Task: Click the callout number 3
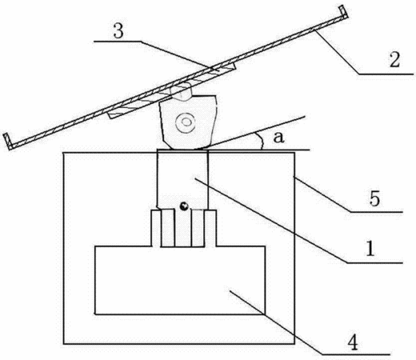pos(118,31)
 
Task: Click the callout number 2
pos(394,60)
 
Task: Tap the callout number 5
pos(374,198)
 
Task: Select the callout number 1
pos(370,249)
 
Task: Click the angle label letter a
pos(278,138)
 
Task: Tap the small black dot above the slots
pos(184,206)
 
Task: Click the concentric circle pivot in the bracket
pos(185,122)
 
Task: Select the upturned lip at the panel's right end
pos(344,12)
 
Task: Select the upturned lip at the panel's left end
pos(7,141)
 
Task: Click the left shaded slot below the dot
pos(168,228)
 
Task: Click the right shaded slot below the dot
pos(198,228)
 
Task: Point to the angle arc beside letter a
pos(261,140)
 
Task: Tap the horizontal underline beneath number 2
pos(386,74)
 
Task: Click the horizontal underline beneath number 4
pos(356,354)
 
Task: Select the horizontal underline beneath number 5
pos(376,212)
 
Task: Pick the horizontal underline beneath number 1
pos(374,263)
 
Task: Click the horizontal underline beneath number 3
pos(118,42)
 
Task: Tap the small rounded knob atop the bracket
pos(182,91)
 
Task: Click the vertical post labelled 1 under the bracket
pos(182,179)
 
